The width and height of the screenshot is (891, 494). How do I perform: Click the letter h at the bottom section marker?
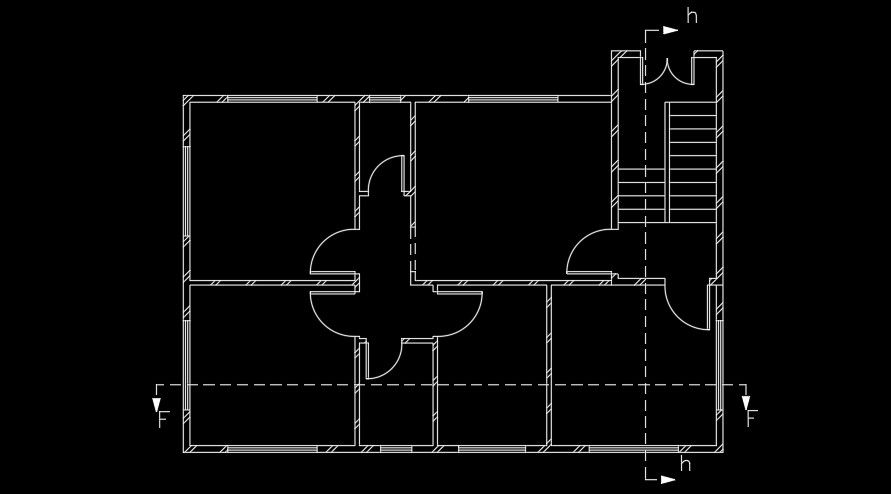point(685,464)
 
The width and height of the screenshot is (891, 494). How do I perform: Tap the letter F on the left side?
point(163,420)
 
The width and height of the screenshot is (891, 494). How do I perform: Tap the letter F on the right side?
point(751,419)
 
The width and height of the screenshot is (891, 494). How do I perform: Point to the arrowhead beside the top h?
point(670,30)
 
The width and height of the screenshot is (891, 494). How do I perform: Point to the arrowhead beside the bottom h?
point(667,479)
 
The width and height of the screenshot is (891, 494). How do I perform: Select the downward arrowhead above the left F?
point(157,402)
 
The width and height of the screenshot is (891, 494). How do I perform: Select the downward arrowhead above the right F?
point(745,402)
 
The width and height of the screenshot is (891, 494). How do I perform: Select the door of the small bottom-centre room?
point(381,360)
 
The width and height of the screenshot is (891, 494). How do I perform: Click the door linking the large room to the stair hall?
point(590,254)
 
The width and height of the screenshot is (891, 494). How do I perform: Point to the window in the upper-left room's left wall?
point(186,191)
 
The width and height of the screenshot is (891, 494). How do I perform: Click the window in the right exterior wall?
point(719,366)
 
